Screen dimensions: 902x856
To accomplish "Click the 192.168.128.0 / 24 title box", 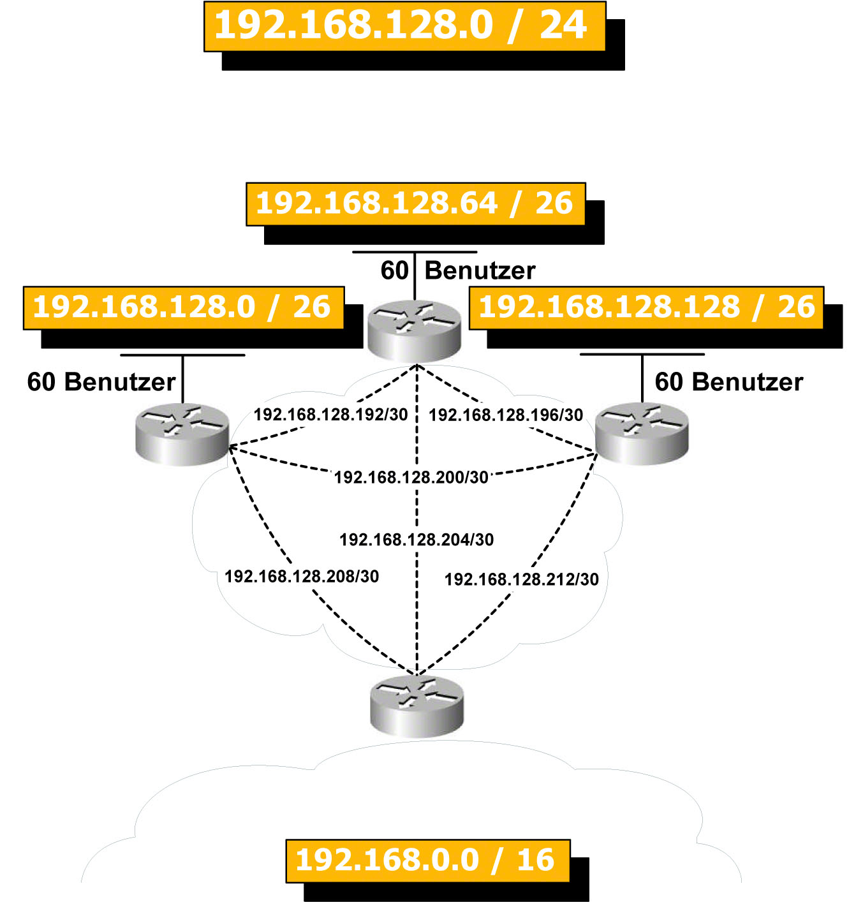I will [x=404, y=26].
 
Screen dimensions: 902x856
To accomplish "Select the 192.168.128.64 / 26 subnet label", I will [x=415, y=204].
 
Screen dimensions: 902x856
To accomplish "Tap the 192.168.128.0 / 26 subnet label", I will [x=183, y=307].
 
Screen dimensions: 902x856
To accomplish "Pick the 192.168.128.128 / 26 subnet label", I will [x=646, y=307].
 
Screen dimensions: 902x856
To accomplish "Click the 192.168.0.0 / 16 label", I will [x=427, y=861].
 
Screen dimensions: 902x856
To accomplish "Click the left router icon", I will [x=182, y=433].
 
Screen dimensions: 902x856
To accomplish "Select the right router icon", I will [x=642, y=433].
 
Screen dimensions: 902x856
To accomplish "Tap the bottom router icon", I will [x=417, y=706].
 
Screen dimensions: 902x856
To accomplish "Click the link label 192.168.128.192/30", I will [x=330, y=415].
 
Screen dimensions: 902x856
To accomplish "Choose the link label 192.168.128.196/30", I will [x=506, y=415].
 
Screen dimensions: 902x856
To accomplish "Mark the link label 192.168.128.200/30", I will [x=411, y=477].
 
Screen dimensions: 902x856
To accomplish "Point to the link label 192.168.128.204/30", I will [x=417, y=540].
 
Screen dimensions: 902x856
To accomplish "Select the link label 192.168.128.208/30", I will [x=302, y=577].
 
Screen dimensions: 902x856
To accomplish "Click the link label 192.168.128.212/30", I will [x=522, y=579].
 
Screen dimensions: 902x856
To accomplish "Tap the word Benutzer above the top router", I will [x=480, y=270].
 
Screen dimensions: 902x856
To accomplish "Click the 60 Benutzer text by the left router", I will [x=101, y=381].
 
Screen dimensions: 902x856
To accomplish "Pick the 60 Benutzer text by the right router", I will [x=729, y=381].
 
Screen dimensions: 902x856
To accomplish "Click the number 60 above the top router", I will [x=394, y=270].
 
